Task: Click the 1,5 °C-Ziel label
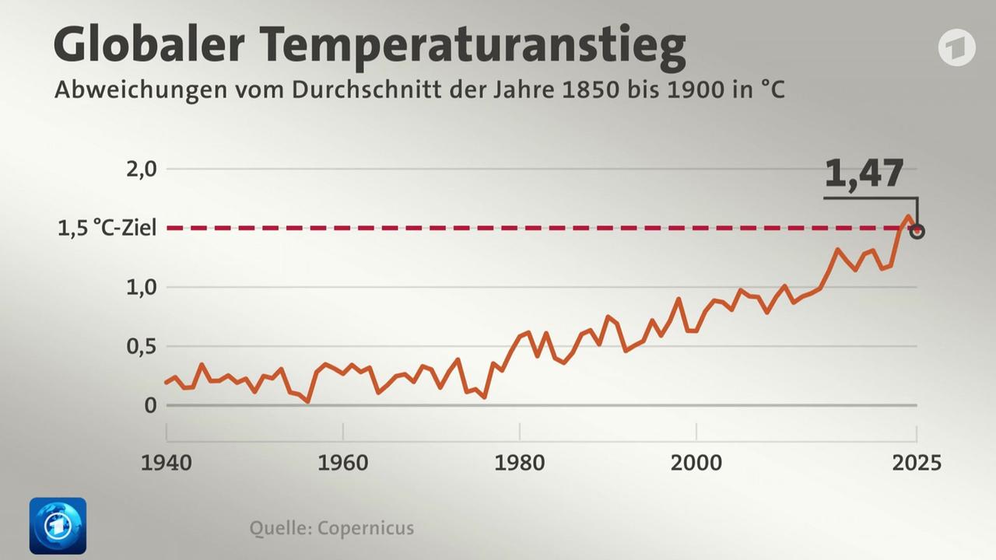click(x=107, y=228)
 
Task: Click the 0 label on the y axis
click(x=150, y=405)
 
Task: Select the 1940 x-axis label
click(x=166, y=463)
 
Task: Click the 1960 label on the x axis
click(x=343, y=463)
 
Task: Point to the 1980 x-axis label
click(x=520, y=463)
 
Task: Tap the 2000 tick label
click(x=696, y=463)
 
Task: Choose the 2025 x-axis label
click(x=916, y=463)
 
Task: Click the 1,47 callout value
click(x=864, y=174)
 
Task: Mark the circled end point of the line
click(x=917, y=231)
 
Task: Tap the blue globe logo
click(x=58, y=526)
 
